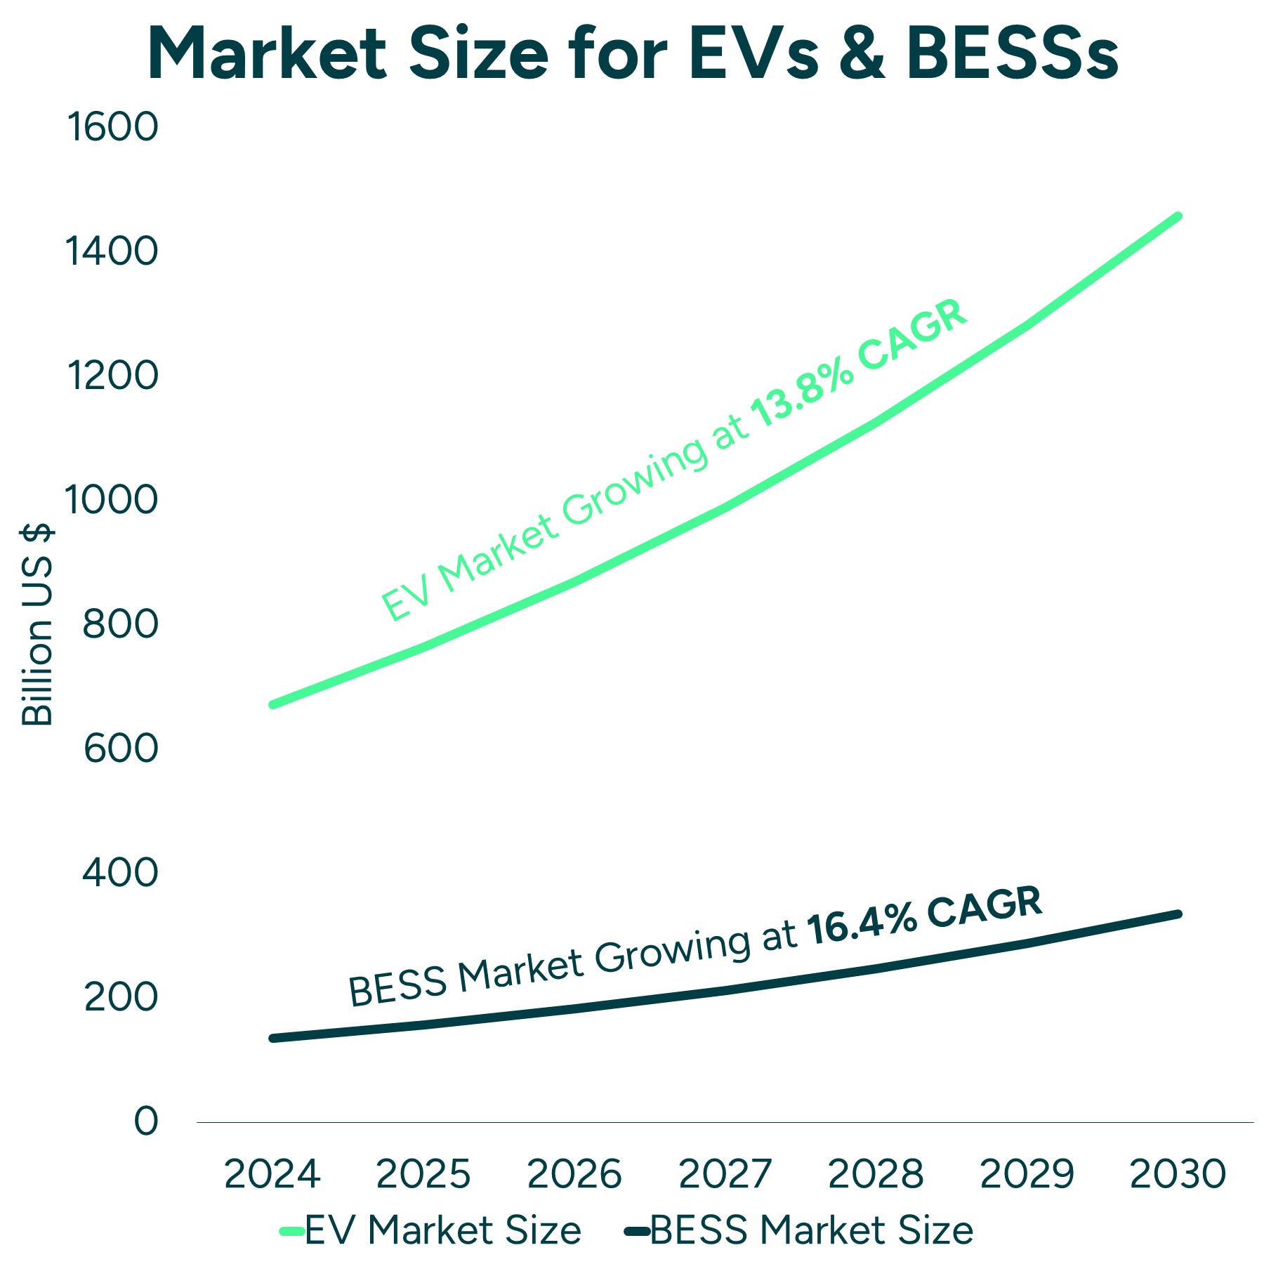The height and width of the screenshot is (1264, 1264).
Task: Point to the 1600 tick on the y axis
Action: pos(112,128)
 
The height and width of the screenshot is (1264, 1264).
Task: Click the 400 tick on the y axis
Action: pos(120,873)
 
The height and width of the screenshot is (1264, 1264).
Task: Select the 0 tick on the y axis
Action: pos(146,1121)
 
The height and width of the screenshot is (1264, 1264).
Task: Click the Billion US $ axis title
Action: pos(37,625)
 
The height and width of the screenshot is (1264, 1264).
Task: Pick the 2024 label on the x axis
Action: pos(272,1175)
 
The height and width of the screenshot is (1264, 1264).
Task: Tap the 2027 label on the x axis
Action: pos(725,1175)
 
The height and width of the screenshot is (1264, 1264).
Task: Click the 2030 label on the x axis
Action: pos(1178,1175)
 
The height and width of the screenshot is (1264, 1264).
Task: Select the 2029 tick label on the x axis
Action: pos(1027,1175)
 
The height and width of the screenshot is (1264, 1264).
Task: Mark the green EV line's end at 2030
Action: pos(1178,216)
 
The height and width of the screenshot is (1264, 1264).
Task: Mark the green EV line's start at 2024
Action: pos(272,704)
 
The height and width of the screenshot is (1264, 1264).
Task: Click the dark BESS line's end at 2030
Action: pos(1178,914)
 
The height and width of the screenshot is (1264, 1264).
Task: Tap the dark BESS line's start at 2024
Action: pos(272,1039)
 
